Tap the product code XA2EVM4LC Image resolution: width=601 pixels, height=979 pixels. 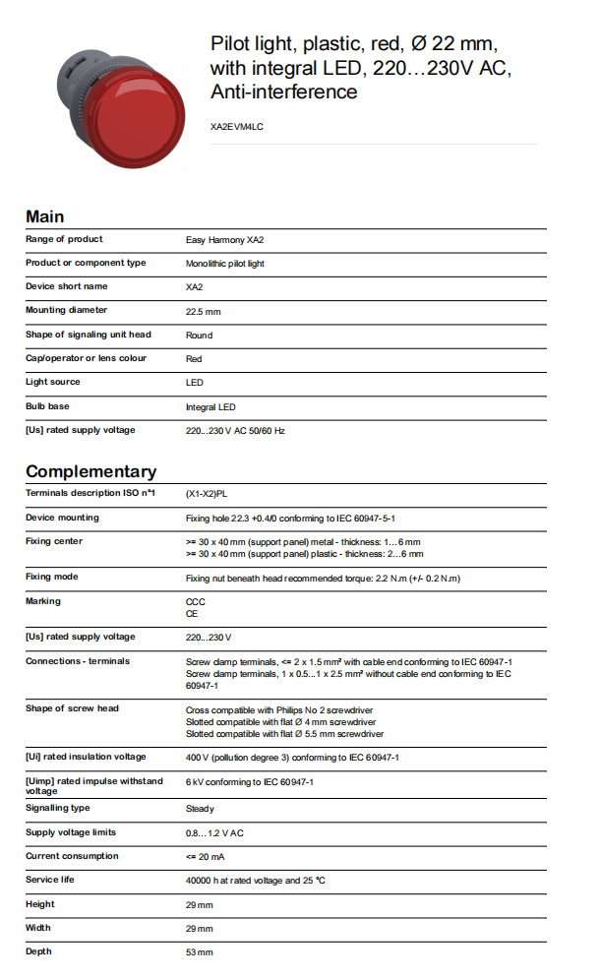[237, 127]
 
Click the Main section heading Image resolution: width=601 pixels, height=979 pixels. [45, 216]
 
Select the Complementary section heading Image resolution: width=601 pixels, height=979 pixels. [90, 471]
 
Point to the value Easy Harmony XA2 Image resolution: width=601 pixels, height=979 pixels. [225, 240]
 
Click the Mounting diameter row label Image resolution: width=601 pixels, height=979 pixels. [67, 310]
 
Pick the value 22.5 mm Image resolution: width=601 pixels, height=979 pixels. [204, 311]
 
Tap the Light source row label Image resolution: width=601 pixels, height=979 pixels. [53, 382]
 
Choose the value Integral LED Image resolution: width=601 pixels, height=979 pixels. [210, 406]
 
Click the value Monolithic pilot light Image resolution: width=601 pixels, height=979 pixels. [225, 264]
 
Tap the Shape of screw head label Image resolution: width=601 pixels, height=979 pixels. [72, 708]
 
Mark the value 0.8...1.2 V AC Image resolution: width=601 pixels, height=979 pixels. [214, 832]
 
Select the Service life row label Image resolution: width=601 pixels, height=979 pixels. [49, 880]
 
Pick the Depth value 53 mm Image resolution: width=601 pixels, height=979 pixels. [200, 951]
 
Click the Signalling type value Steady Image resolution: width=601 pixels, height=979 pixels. [200, 809]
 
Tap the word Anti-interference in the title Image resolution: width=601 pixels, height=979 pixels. [283, 92]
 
